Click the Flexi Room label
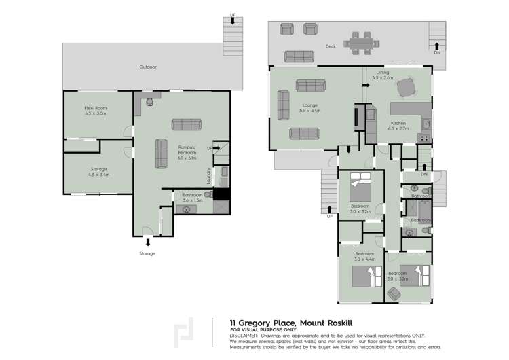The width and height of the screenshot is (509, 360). [x=96, y=111]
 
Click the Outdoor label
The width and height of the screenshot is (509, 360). [x=148, y=67]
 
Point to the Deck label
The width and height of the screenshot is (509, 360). [x=331, y=46]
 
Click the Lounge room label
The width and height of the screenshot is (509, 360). [x=311, y=107]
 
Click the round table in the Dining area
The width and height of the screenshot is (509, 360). [x=405, y=87]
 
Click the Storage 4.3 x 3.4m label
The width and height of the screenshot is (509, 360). [x=99, y=171]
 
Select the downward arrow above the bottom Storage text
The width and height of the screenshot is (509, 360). [x=148, y=242]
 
